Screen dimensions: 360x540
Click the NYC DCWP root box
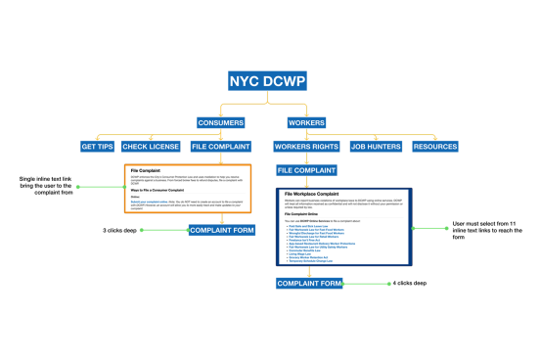[x=268, y=81]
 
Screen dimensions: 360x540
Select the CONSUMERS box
[x=220, y=123]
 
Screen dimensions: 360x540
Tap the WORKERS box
[x=306, y=123]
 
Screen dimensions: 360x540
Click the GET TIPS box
[x=98, y=147]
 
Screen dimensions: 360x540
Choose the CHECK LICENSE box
[x=151, y=147]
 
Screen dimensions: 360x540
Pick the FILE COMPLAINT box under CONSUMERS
[x=220, y=147]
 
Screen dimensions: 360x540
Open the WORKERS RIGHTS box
[x=307, y=147]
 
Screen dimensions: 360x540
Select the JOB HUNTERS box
[x=377, y=147]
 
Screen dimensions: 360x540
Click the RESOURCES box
[x=434, y=147]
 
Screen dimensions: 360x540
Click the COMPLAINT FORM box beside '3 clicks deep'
[x=221, y=230]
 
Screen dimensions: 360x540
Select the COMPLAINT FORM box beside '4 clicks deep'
[x=309, y=284]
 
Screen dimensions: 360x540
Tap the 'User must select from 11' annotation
[x=473, y=228]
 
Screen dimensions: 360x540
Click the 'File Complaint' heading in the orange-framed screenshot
[x=145, y=170]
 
